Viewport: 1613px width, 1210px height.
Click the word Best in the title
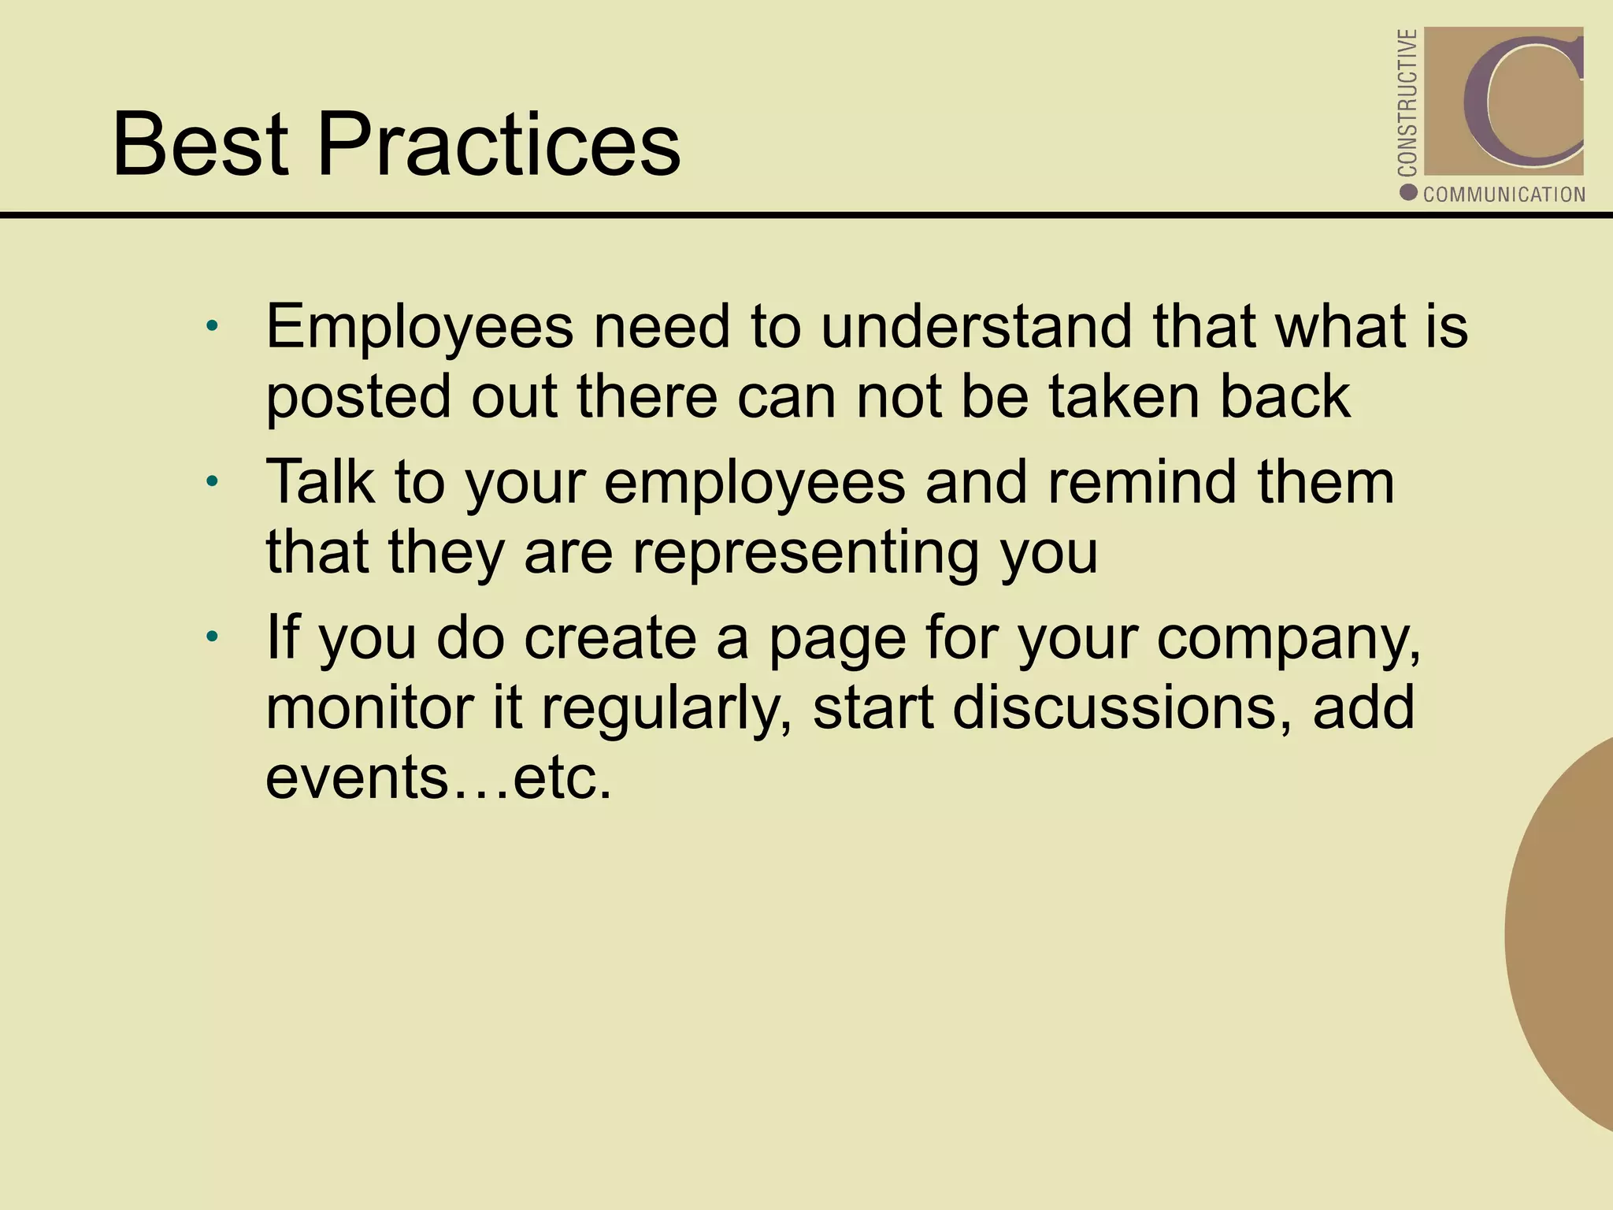(x=201, y=145)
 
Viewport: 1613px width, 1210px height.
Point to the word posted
(x=359, y=398)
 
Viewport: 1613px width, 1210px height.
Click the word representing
(x=806, y=554)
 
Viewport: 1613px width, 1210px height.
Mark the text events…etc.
(x=439, y=778)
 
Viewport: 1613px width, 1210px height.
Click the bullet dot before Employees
(x=211, y=326)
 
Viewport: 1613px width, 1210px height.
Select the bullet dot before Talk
(x=211, y=481)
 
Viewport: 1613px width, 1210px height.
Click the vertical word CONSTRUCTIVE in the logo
(x=1407, y=102)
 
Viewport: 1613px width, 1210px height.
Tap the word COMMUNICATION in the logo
(x=1504, y=195)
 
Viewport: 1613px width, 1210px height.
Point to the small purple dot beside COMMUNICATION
(x=1409, y=192)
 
